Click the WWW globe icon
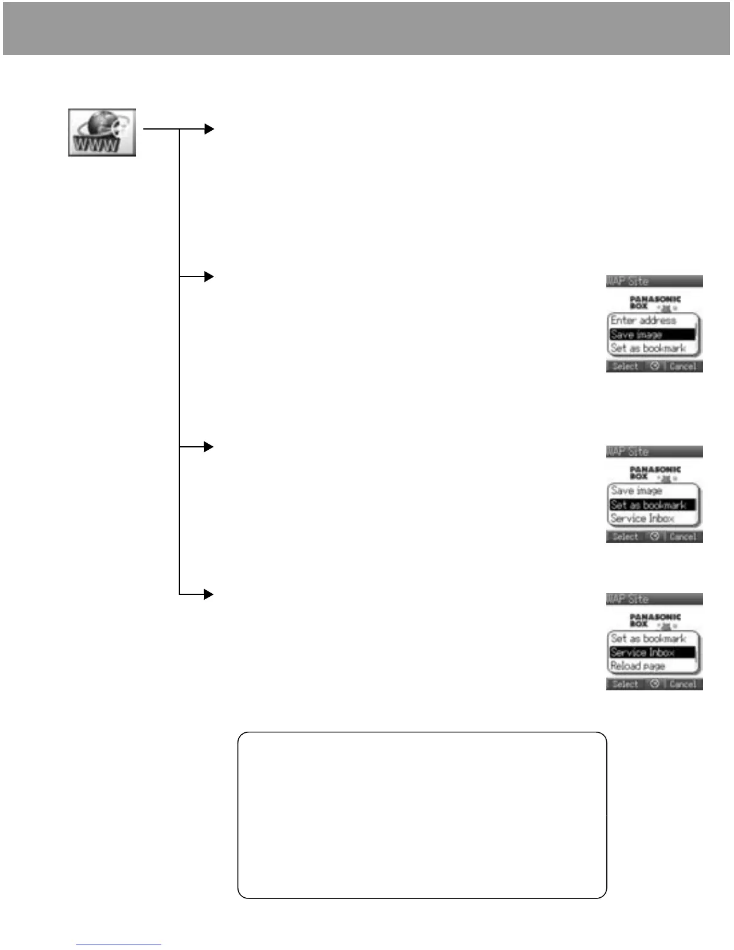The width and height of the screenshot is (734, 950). [102, 133]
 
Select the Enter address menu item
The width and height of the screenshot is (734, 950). [643, 320]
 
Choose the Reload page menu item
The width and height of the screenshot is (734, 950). [637, 666]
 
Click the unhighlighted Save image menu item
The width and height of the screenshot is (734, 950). [636, 491]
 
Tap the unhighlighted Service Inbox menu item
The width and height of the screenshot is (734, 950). [642, 519]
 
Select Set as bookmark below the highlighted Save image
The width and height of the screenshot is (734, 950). [648, 348]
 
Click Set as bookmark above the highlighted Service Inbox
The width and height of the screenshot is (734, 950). [648, 639]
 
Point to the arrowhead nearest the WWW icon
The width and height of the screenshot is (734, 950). [209, 129]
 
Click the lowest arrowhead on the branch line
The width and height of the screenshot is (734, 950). [209, 594]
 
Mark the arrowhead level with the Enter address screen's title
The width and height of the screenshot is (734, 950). [209, 276]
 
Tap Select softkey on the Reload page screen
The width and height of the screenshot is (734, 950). [625, 684]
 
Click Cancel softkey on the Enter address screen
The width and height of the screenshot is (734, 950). [683, 366]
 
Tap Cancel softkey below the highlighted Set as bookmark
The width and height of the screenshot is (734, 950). [683, 537]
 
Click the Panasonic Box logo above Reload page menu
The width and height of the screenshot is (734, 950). [654, 620]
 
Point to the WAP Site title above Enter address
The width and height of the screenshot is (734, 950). [628, 281]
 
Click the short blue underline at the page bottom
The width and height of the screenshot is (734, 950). [119, 945]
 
